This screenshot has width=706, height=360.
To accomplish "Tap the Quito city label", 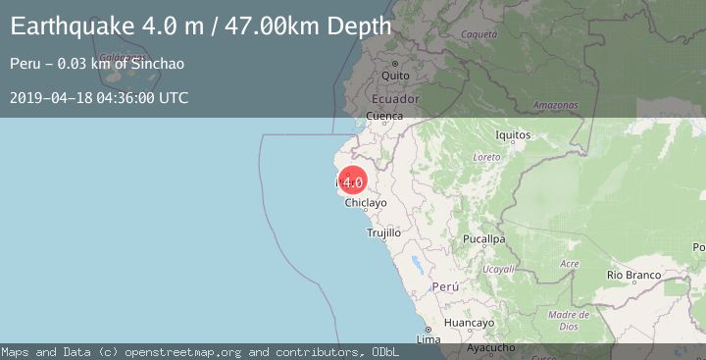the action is click(x=395, y=75).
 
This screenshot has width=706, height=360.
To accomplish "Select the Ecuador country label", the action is click(x=395, y=99).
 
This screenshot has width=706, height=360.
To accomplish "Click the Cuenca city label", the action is click(x=384, y=116).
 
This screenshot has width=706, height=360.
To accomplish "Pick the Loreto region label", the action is click(x=486, y=157).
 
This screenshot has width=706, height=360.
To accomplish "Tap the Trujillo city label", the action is click(x=383, y=233).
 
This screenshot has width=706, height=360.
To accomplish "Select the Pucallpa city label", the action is click(x=484, y=238).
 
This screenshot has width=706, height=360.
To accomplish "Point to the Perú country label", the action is click(x=445, y=287).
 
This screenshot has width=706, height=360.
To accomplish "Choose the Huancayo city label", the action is click(x=469, y=323).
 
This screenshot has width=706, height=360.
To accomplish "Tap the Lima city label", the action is click(x=429, y=339).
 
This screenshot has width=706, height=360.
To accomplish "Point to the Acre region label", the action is click(x=569, y=264).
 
